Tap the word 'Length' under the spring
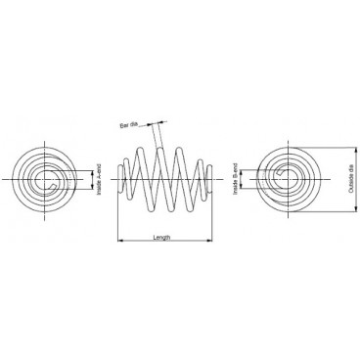(165, 237)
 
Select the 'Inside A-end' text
(99, 180)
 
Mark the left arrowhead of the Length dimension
(120, 240)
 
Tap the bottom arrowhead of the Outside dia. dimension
(342, 209)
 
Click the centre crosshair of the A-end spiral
(52, 179)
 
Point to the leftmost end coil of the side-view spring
(121, 179)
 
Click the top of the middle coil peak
(164, 148)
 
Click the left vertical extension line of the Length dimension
(118, 220)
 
